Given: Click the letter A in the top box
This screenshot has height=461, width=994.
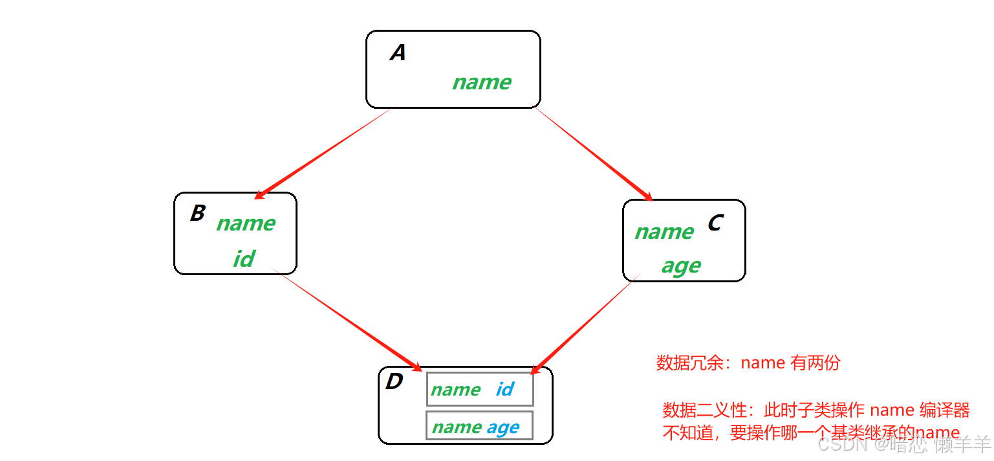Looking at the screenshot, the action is coord(398,52).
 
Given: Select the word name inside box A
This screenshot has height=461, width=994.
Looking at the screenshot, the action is coord(481,82).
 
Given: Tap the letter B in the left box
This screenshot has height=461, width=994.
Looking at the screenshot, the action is coord(197,213).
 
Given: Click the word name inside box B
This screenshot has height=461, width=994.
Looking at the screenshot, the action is coord(245,223).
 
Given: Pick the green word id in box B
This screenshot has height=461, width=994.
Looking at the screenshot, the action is coord(243,259).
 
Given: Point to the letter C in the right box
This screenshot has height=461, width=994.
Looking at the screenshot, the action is coord(715,223).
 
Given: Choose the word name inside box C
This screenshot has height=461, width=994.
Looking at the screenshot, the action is coord(664,232).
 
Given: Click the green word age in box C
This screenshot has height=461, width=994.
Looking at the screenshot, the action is coord(680,265).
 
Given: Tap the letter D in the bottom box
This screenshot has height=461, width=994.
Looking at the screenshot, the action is coord(393,382).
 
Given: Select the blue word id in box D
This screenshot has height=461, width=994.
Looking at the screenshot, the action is coord(504,389).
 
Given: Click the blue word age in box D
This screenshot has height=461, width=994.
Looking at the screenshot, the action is coord(502,427).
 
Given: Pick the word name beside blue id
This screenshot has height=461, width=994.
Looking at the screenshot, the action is coord(455,390).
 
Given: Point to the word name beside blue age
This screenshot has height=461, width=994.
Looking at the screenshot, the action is coord(457,427).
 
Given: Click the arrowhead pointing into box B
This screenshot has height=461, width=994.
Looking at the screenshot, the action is coord(260,194).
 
